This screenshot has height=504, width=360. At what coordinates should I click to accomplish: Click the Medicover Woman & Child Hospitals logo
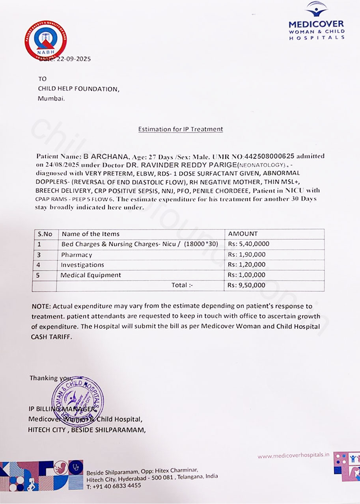[x=316, y=21]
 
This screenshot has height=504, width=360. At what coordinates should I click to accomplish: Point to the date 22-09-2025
[x=73, y=59]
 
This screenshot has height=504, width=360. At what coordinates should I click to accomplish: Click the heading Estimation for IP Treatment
[x=180, y=129]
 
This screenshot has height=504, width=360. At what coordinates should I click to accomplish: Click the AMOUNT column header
[x=242, y=234]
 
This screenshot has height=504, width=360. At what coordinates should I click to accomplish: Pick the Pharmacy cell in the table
[x=76, y=255]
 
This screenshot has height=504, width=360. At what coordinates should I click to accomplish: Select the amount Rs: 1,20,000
[x=246, y=265]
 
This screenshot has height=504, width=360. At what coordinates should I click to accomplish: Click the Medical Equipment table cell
[x=91, y=275]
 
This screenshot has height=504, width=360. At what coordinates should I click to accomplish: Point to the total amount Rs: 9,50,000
[x=246, y=285]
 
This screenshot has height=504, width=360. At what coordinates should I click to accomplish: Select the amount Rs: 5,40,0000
[x=248, y=244]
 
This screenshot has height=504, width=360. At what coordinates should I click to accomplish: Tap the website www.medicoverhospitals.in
[x=293, y=456]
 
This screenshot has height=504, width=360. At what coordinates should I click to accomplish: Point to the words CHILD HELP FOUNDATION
[x=78, y=89]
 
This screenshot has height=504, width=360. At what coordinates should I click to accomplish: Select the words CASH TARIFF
[x=52, y=337]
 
